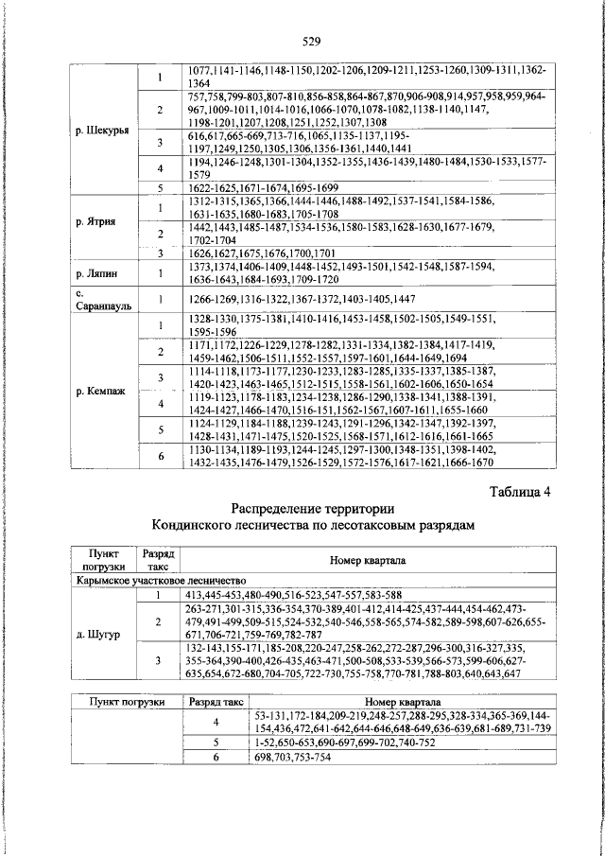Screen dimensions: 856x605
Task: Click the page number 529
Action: [x=313, y=40]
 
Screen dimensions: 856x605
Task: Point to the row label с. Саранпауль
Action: [x=100, y=300]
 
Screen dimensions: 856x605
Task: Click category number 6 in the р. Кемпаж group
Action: [x=161, y=456]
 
